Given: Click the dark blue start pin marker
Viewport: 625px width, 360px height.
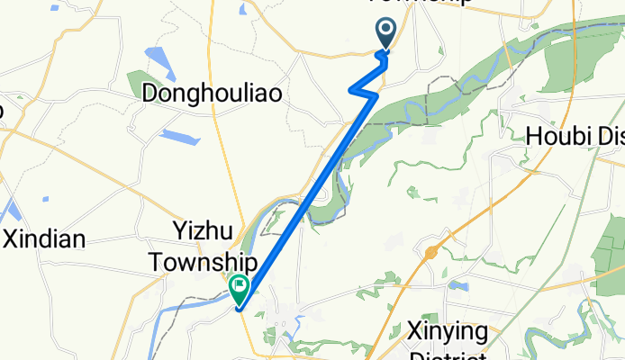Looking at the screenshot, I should click(x=386, y=33).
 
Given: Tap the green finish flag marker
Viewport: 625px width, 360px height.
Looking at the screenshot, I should click(x=240, y=289).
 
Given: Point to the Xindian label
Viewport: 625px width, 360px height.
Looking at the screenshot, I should click(x=44, y=239).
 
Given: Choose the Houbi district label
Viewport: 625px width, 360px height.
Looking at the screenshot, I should click(x=575, y=136).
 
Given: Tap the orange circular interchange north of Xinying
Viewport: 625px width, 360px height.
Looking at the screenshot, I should click(x=431, y=254).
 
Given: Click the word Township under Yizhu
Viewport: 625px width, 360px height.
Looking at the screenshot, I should click(x=204, y=262).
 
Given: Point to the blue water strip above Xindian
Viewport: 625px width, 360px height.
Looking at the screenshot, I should click(x=12, y=211).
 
